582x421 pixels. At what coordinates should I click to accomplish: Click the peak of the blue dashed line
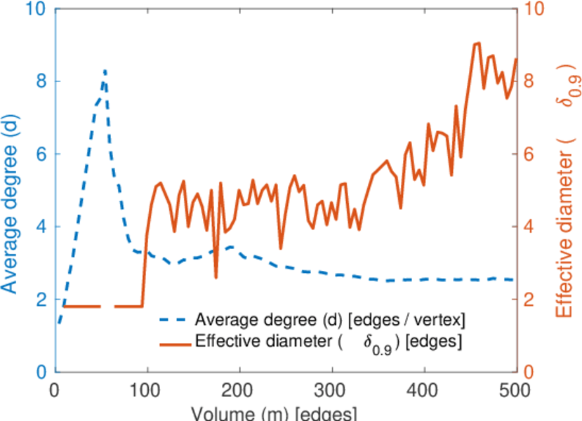click(105, 70)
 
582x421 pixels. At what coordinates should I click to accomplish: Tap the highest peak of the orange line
click(478, 43)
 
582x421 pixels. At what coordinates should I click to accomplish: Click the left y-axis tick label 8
click(40, 81)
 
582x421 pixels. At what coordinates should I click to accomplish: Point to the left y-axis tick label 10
click(37, 9)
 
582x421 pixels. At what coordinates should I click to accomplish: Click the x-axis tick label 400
click(424, 390)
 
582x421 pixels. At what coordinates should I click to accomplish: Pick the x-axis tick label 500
click(516, 390)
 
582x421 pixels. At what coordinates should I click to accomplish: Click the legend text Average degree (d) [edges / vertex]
click(330, 321)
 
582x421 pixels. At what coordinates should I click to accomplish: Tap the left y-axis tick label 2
click(40, 300)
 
